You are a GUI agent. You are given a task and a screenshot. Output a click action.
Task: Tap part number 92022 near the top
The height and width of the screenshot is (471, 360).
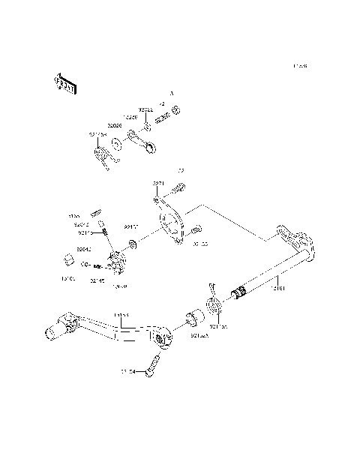point(146,110)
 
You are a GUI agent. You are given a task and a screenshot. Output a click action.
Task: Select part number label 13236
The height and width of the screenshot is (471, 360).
point(130,117)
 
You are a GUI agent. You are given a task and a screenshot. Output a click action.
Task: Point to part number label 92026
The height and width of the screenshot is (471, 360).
point(114,124)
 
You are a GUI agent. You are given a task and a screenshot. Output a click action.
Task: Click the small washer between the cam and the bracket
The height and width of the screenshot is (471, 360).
point(133,244)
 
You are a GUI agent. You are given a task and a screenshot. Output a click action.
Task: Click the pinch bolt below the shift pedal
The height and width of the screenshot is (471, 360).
point(156,364)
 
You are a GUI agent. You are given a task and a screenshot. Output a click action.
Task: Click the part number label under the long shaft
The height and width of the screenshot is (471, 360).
point(277,286)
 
